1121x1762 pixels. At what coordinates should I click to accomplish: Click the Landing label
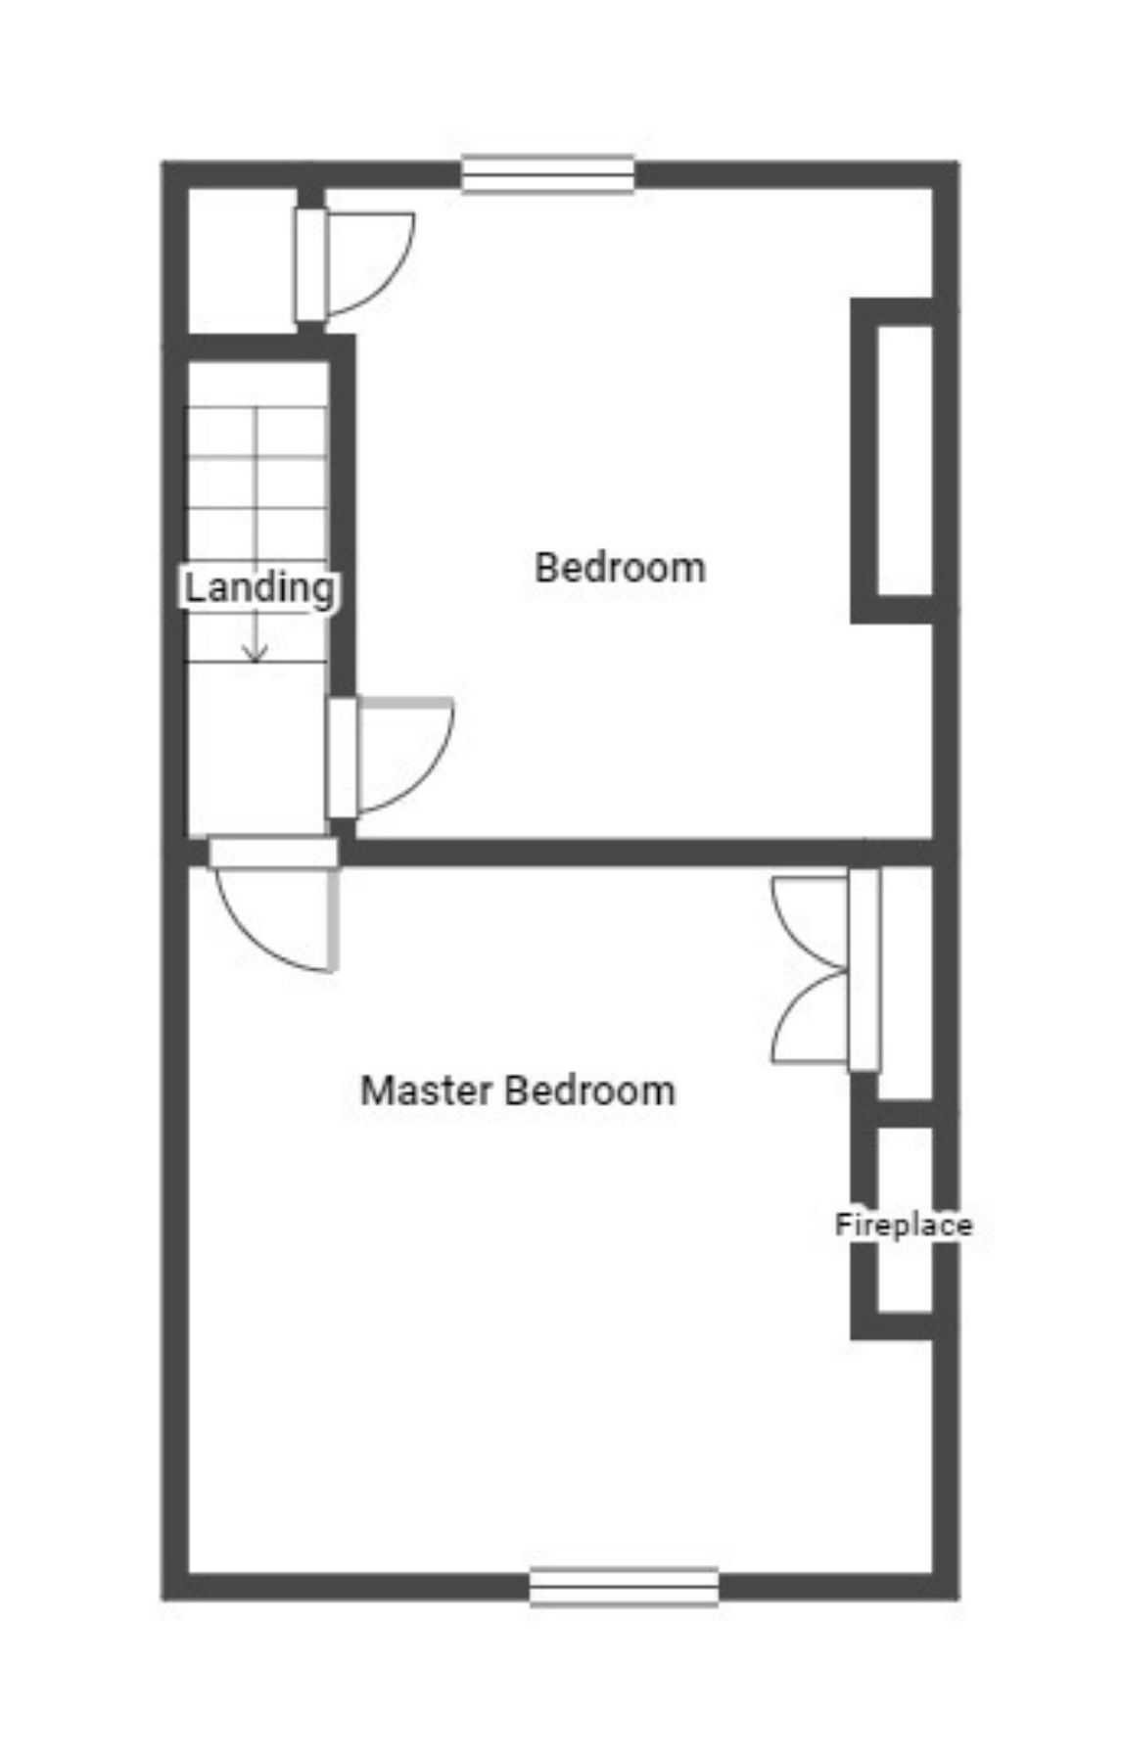click(259, 588)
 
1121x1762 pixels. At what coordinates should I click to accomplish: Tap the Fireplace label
click(903, 1225)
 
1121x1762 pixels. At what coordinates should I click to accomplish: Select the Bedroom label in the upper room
click(620, 568)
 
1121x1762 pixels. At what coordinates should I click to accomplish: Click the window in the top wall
click(548, 175)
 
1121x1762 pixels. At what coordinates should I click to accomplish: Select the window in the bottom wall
click(624, 1587)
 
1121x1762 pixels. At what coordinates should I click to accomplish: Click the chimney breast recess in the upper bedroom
click(905, 460)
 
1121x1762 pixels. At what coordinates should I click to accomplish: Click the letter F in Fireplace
click(841, 1225)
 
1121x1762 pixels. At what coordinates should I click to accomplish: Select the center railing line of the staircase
click(256, 489)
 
